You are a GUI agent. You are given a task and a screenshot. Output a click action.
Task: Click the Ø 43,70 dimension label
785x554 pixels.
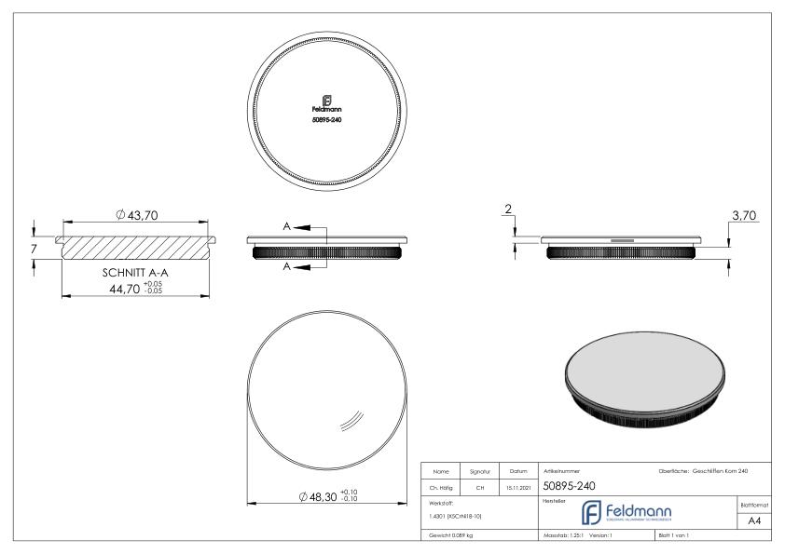click(x=137, y=215)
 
